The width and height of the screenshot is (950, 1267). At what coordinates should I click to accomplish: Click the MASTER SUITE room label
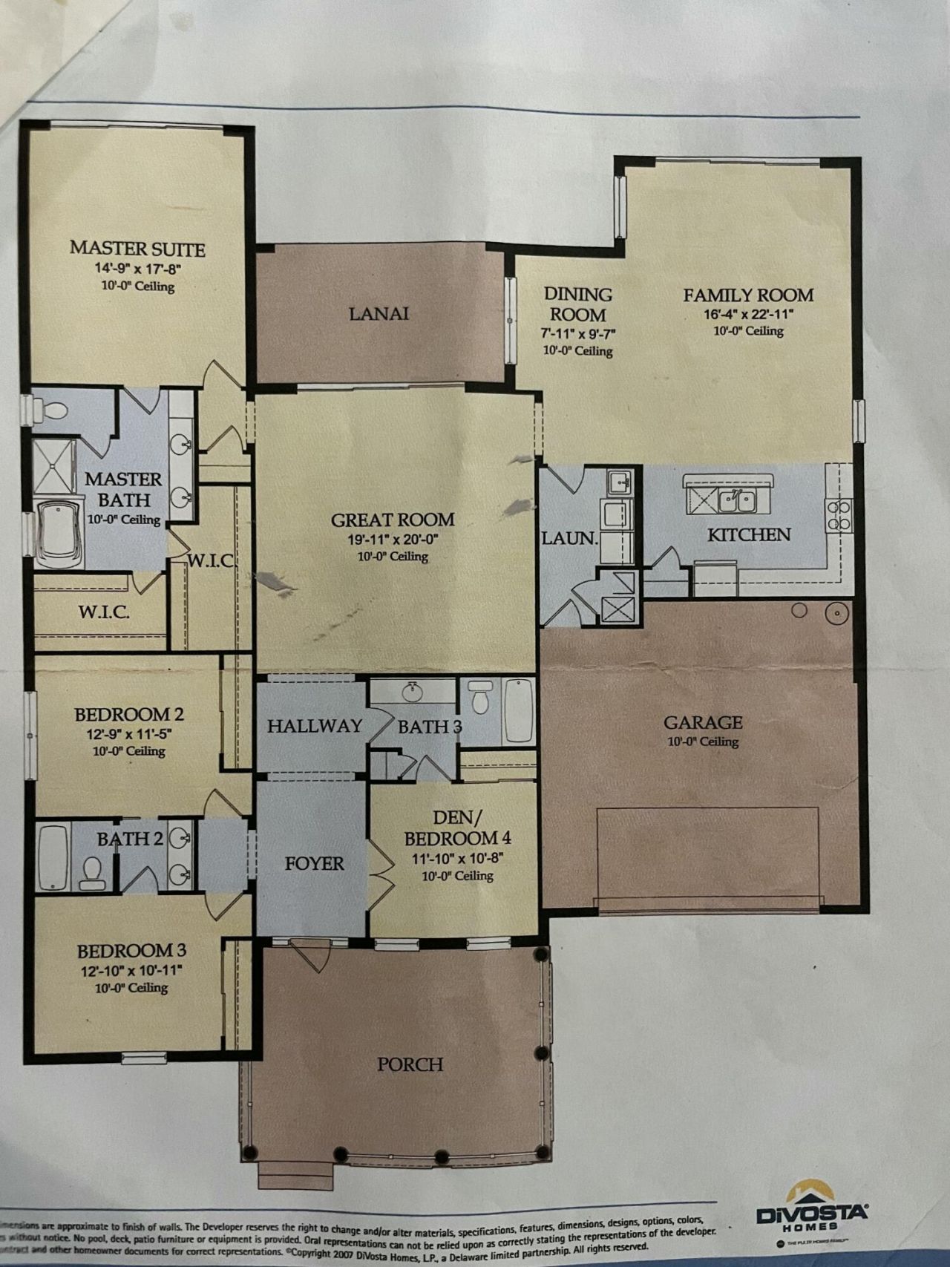click(137, 249)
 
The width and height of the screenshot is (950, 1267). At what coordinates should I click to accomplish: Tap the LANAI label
click(379, 313)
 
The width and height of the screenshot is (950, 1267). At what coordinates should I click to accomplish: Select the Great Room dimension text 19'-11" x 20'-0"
click(392, 540)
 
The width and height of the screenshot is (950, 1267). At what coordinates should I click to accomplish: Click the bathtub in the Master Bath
click(62, 533)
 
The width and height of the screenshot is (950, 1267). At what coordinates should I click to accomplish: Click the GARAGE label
click(702, 721)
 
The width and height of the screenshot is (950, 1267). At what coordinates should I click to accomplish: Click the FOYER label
click(315, 863)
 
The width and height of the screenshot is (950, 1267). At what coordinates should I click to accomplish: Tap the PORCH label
click(410, 1064)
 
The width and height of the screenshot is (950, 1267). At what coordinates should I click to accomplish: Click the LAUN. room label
click(569, 538)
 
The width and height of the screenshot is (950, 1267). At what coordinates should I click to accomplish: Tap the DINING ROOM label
click(578, 304)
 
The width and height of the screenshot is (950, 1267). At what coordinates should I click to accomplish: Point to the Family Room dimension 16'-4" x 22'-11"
click(748, 314)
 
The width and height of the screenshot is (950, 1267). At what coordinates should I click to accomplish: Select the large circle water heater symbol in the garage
click(837, 613)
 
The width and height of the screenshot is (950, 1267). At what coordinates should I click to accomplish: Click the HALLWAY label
click(315, 726)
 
